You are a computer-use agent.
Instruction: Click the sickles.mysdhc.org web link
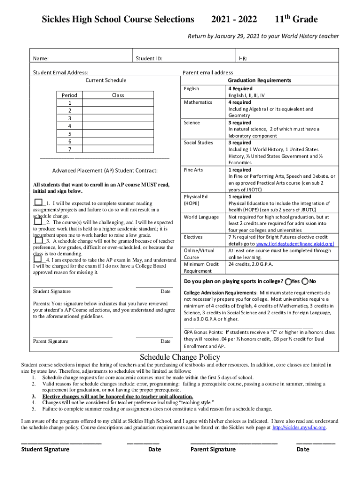click(x=299, y=428)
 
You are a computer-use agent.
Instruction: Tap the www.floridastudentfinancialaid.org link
click(x=295, y=244)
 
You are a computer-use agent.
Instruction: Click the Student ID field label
click(x=149, y=59)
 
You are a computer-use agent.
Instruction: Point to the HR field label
click(x=243, y=59)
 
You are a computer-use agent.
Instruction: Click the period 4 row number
click(x=70, y=126)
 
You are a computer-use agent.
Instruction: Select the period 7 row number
click(x=70, y=149)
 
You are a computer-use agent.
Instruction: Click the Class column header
click(x=118, y=95)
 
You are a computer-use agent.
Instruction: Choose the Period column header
click(x=70, y=95)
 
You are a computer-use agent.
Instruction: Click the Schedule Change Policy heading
click(x=180, y=357)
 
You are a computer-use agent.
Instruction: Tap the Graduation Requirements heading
click(x=259, y=80)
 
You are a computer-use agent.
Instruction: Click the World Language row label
click(x=201, y=217)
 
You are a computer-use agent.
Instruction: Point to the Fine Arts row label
click(x=194, y=170)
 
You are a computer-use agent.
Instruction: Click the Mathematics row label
click(x=198, y=102)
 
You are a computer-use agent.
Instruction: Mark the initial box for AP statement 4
click(x=38, y=259)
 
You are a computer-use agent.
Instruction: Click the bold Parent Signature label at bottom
click(x=213, y=450)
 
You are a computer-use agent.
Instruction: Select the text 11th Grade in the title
click(x=296, y=19)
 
